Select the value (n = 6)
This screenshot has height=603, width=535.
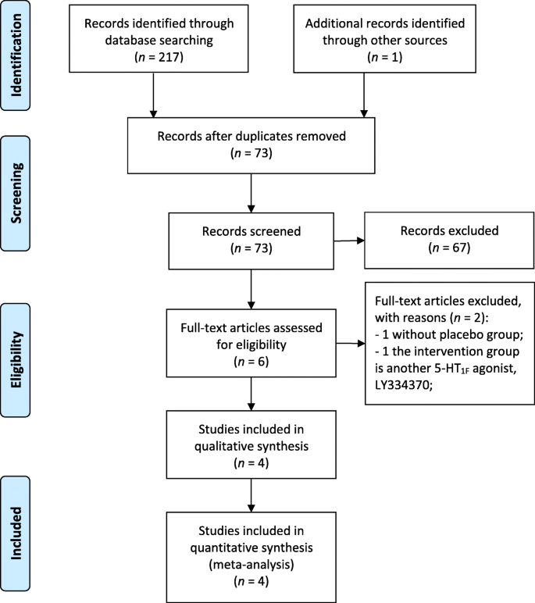point(250,363)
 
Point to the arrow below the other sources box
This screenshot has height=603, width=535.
point(365,98)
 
